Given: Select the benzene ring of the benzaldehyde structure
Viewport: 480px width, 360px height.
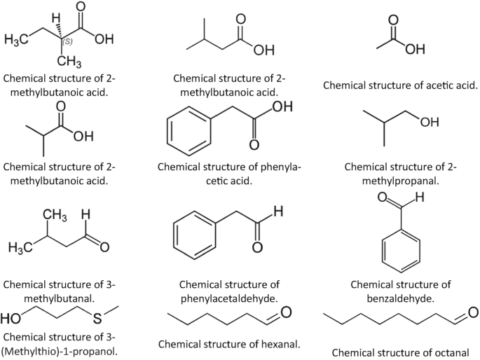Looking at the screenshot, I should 399,251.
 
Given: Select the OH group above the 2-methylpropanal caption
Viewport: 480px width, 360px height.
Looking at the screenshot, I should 429,123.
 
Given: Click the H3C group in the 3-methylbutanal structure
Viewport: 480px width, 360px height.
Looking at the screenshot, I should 22,248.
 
